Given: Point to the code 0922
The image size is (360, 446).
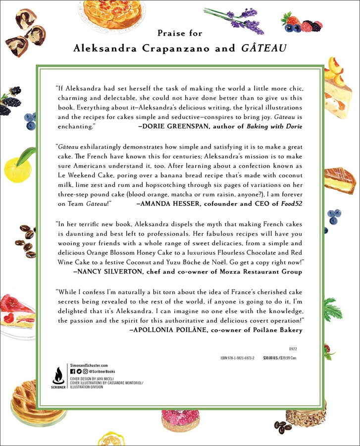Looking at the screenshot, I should point(294,349).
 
